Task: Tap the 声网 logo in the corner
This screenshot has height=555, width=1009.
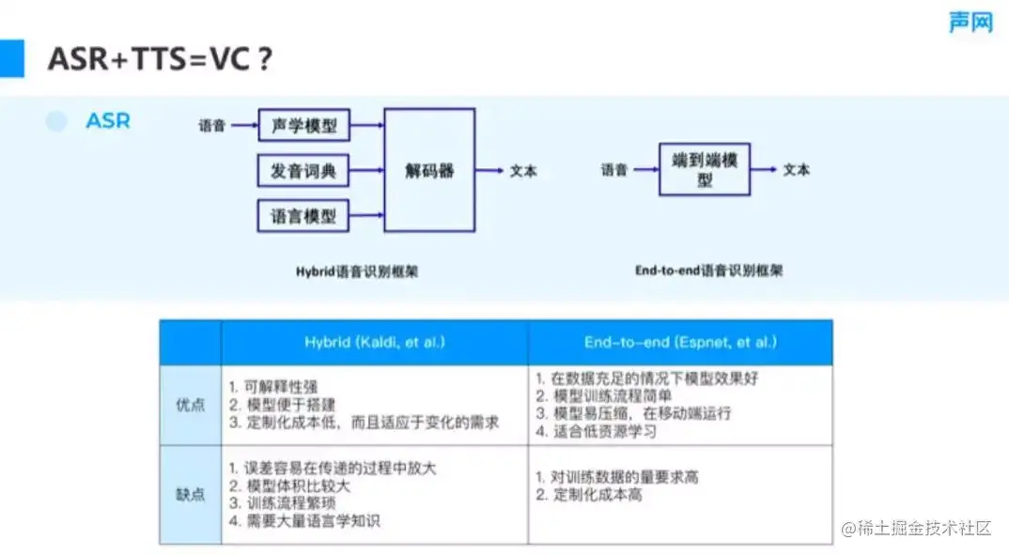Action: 970,22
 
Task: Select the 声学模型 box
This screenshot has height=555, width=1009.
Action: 303,125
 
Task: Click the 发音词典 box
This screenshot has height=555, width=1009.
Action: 303,171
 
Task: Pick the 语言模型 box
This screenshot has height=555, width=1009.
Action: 303,216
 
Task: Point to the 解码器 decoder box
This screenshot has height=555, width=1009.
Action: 429,170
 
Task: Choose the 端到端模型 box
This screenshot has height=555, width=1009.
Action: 704,169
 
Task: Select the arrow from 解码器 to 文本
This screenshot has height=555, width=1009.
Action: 489,170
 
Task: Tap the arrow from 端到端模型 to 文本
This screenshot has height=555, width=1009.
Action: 764,169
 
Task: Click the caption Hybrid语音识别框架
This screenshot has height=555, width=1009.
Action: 357,272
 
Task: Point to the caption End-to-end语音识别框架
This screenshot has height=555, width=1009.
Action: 708,270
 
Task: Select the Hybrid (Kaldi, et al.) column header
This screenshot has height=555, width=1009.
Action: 374,343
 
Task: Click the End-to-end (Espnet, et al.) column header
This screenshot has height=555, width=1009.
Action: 680,343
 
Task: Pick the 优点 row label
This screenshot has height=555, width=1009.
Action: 191,405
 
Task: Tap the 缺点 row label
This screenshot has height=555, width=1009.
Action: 191,494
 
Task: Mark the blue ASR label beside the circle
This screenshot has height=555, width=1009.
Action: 108,121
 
